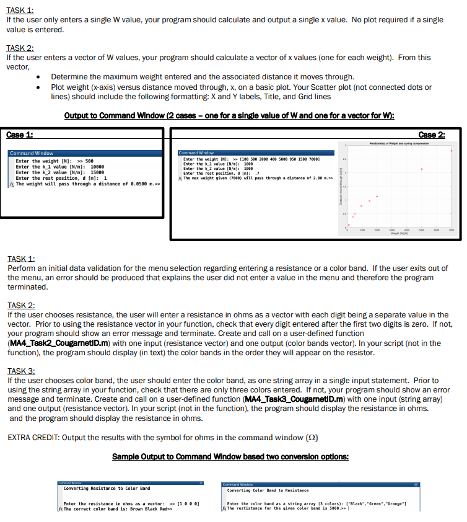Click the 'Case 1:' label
[20, 135]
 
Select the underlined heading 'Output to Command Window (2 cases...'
[230, 117]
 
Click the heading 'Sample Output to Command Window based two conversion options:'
[230, 457]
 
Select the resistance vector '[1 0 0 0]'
[186, 503]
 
